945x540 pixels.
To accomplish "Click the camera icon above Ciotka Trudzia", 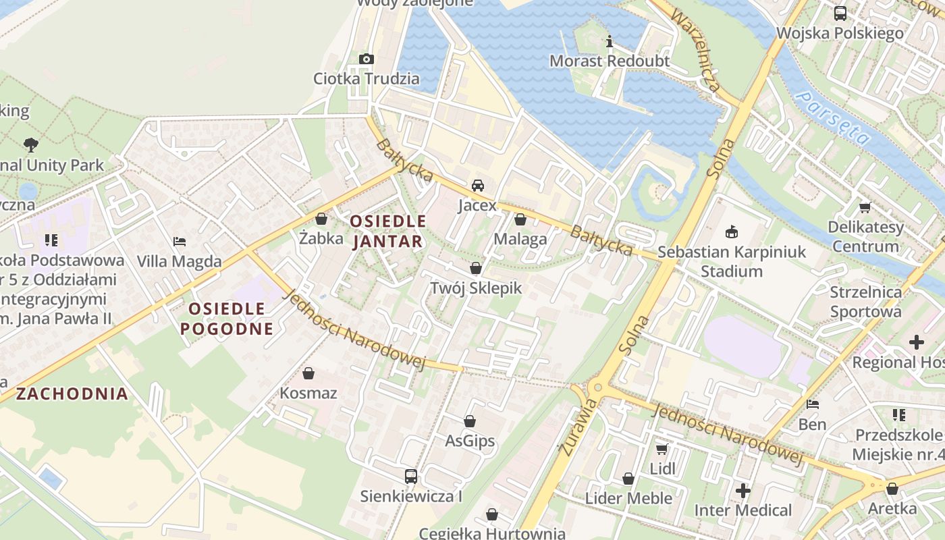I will coord(367,59).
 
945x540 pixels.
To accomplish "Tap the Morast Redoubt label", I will coord(609,61).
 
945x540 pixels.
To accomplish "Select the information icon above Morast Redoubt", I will coord(610,42).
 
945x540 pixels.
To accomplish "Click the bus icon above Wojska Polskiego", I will coord(840,13).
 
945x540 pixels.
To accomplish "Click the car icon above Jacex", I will coord(477,186).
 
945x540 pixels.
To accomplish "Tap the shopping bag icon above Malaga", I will coord(520,219).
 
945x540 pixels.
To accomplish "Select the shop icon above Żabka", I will coord(321,219).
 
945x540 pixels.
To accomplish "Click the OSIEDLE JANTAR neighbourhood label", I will coord(388,231).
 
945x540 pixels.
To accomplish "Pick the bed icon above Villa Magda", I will coord(180,242).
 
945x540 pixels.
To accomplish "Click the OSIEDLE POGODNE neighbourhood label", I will coord(231,319).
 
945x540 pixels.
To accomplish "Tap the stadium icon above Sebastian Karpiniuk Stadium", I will coord(731,233).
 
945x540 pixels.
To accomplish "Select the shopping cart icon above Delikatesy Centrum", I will coord(865,208).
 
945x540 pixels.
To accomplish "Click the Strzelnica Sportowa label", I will coord(865,302).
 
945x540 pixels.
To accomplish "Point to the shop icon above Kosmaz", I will coord(308,373).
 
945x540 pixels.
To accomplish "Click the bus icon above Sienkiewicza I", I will coord(410,477).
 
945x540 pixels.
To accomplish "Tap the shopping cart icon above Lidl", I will coord(662,449).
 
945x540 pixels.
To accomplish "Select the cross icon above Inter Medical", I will coord(743,491).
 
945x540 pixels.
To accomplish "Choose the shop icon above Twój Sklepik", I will coord(476,269).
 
